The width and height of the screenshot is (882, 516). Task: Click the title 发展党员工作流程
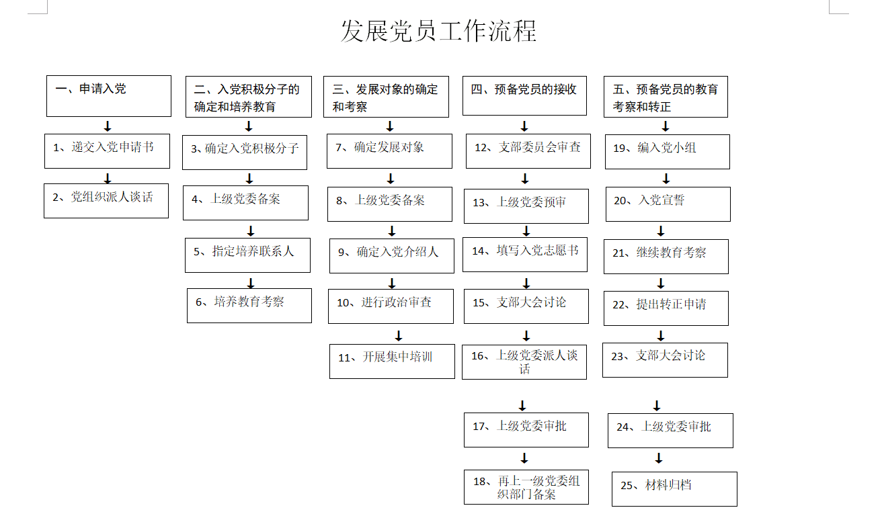pyautogui.click(x=438, y=31)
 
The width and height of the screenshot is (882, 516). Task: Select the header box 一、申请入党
pyautogui.click(x=109, y=96)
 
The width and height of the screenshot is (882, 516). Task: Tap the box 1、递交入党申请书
pyautogui.click(x=107, y=151)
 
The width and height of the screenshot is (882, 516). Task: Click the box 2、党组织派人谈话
pyautogui.click(x=106, y=201)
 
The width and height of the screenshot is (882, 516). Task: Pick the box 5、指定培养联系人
pyautogui.click(x=247, y=255)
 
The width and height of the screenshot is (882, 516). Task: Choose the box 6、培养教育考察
pyautogui.click(x=249, y=306)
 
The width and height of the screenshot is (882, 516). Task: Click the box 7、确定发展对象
pyautogui.click(x=389, y=151)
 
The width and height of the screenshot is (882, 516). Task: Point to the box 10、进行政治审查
pyautogui.click(x=391, y=306)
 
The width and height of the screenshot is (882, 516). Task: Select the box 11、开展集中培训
pyautogui.click(x=392, y=361)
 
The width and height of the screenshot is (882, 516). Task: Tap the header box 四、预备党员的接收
pyautogui.click(x=524, y=95)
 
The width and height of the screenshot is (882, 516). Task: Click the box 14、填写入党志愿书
pyautogui.click(x=525, y=255)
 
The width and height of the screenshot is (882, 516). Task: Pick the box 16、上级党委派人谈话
pyautogui.click(x=524, y=362)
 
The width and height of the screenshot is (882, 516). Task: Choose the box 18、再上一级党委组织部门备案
pyautogui.click(x=526, y=487)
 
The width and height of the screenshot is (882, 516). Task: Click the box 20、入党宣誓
pyautogui.click(x=668, y=204)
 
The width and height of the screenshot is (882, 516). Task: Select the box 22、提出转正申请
pyautogui.click(x=666, y=308)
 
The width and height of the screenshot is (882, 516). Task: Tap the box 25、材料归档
pyautogui.click(x=674, y=489)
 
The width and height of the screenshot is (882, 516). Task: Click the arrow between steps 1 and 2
pyautogui.click(x=108, y=178)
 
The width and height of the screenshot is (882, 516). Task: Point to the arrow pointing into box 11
pyautogui.click(x=399, y=336)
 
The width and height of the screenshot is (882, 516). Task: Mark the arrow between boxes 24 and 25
pyautogui.click(x=659, y=458)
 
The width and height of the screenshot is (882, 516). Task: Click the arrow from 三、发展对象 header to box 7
pyautogui.click(x=390, y=126)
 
